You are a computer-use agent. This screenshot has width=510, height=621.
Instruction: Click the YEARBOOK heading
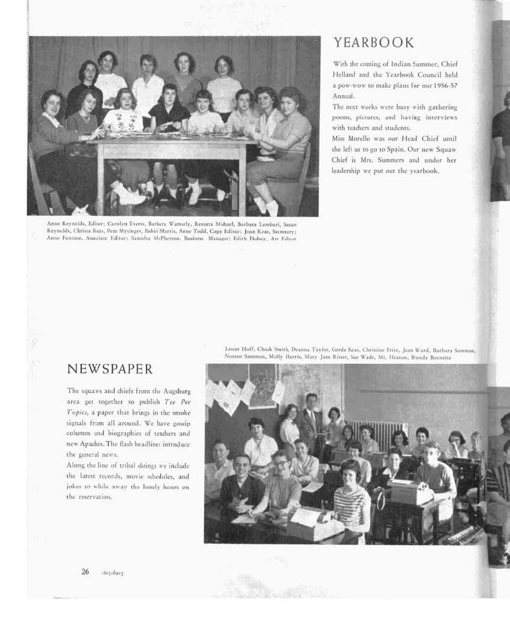click(373, 42)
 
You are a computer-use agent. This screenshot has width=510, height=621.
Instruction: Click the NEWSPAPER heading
click(109, 369)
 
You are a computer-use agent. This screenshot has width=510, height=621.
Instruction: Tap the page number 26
click(85, 571)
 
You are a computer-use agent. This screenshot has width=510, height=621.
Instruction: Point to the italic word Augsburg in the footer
click(113, 572)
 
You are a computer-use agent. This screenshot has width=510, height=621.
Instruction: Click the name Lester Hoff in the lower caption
click(239, 350)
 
